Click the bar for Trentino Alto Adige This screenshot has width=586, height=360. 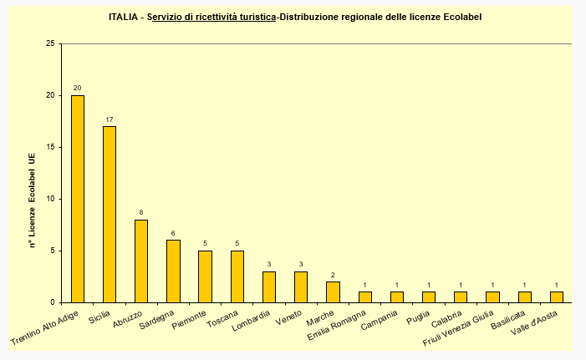[x=78, y=199]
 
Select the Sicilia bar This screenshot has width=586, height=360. [x=110, y=214]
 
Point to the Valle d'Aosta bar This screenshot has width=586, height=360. [x=556, y=297]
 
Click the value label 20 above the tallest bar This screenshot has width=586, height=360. [x=78, y=89]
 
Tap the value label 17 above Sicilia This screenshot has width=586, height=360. [x=110, y=119]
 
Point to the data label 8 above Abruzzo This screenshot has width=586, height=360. [x=141, y=212]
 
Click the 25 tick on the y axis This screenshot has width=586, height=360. [x=50, y=43]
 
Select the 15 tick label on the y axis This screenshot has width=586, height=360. [x=50, y=147]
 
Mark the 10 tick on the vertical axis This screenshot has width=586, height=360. [x=50, y=199]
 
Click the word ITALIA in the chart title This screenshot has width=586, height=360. [x=125, y=17]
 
